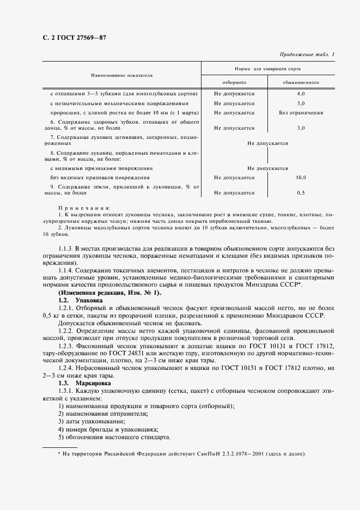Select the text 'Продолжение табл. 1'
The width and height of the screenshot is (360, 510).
(307, 54)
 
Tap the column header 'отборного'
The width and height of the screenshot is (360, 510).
(234, 82)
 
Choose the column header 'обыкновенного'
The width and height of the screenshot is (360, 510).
(300, 82)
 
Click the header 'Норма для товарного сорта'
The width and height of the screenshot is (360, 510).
(267, 69)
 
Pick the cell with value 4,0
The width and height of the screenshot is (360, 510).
(300, 94)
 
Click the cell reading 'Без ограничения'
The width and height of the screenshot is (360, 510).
(300, 113)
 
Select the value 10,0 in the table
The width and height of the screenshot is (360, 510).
(300, 178)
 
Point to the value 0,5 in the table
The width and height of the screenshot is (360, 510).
(300, 193)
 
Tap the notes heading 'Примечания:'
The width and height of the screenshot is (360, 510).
(84, 208)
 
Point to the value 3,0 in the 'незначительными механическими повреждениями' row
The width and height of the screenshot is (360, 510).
(300, 103)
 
